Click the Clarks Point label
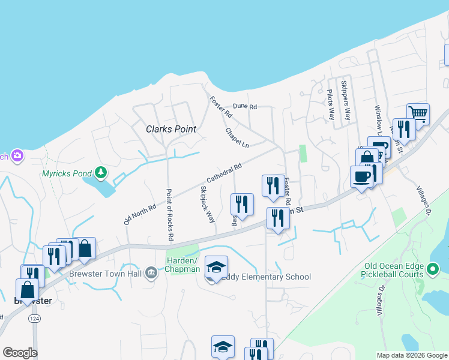(x=171, y=129)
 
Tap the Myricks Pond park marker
(x=101, y=173)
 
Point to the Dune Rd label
(x=244, y=107)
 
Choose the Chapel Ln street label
(x=237, y=137)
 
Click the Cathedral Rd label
(x=224, y=173)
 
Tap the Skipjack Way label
(x=206, y=204)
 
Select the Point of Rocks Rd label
(x=169, y=215)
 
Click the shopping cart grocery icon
(x=418, y=113)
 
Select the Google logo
(x=20, y=353)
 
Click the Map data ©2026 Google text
(x=411, y=355)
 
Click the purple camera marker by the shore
(x=17, y=156)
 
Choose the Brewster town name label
(x=33, y=300)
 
